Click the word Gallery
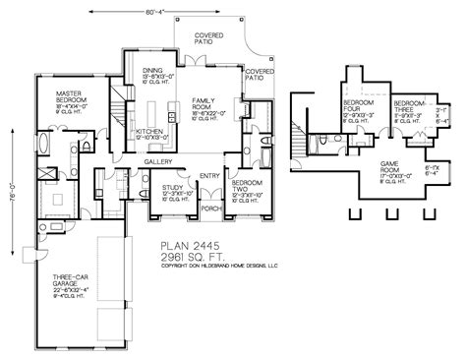tap(158, 161)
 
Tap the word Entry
tap(208, 176)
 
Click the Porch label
tap(209, 209)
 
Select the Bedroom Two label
tap(245, 188)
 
